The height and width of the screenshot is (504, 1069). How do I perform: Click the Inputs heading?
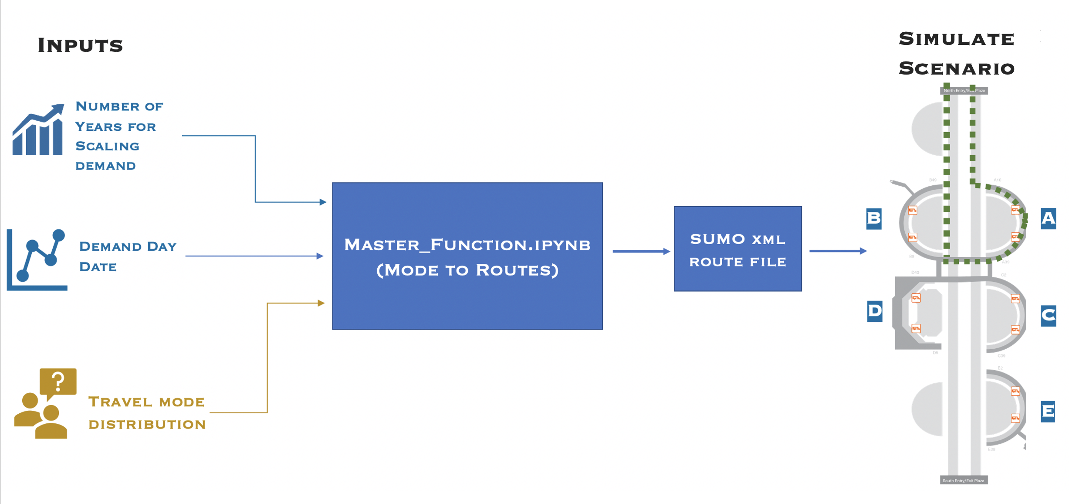pos(80,45)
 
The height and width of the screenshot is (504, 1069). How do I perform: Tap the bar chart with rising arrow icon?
pos(38,130)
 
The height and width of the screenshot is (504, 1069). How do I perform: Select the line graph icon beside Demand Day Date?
pos(37,259)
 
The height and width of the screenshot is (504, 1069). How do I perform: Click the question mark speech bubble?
pos(58,382)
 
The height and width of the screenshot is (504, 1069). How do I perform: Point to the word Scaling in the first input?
pos(107,146)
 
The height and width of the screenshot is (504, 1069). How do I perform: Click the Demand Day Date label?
pos(128,256)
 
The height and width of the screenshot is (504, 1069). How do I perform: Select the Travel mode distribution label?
pos(147,412)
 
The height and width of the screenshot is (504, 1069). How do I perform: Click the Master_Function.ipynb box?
pos(467,256)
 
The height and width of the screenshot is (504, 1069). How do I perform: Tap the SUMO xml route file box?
pos(737,249)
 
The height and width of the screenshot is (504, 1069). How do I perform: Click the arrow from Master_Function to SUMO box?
pos(641,252)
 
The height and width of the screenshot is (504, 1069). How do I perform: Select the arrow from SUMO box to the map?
pos(838,251)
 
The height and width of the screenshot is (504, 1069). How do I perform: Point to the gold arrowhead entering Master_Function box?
pos(321,303)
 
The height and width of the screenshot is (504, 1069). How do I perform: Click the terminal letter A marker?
pos(1048,218)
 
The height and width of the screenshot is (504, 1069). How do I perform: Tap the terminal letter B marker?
pos(874,218)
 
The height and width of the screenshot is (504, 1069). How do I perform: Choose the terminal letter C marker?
pos(1048,316)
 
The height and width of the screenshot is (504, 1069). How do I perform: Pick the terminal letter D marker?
pos(874,311)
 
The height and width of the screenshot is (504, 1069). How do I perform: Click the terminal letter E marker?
pos(1048,411)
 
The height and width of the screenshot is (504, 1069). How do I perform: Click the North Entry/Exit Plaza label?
pos(964,91)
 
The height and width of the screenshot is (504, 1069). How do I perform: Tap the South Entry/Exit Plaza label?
pos(963,480)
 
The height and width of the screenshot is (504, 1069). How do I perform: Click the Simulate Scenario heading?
pos(957,54)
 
